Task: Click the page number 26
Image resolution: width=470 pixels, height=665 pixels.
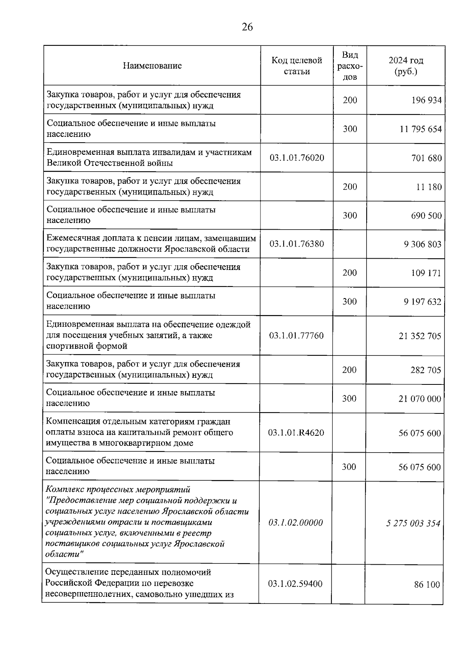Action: [x=247, y=27]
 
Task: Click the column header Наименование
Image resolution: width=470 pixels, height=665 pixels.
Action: [x=152, y=66]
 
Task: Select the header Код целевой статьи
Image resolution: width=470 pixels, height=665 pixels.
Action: [x=297, y=66]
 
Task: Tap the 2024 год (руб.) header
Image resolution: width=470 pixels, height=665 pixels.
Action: [x=406, y=66]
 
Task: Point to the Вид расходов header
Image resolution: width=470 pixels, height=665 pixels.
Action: [x=350, y=66]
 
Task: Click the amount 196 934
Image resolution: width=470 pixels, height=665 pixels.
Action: [x=426, y=100]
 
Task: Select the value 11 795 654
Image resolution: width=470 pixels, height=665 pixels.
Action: [x=421, y=129]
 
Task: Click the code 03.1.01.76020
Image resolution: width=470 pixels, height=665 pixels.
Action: [x=297, y=158]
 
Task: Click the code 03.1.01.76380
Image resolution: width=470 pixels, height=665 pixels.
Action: [x=297, y=244]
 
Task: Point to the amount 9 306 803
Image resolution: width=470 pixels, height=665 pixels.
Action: [x=423, y=244]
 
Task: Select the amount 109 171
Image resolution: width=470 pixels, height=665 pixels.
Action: [x=426, y=273]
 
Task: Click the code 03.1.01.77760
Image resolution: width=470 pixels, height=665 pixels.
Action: [x=296, y=336]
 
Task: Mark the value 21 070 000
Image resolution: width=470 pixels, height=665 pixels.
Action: [x=420, y=399]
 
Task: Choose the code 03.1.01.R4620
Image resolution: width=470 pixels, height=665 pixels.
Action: [x=296, y=433]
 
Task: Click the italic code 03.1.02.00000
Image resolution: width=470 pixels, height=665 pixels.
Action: [x=296, y=523]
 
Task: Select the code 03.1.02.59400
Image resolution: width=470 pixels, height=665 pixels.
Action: [x=295, y=584]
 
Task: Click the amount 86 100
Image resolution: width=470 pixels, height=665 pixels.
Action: [x=427, y=585]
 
